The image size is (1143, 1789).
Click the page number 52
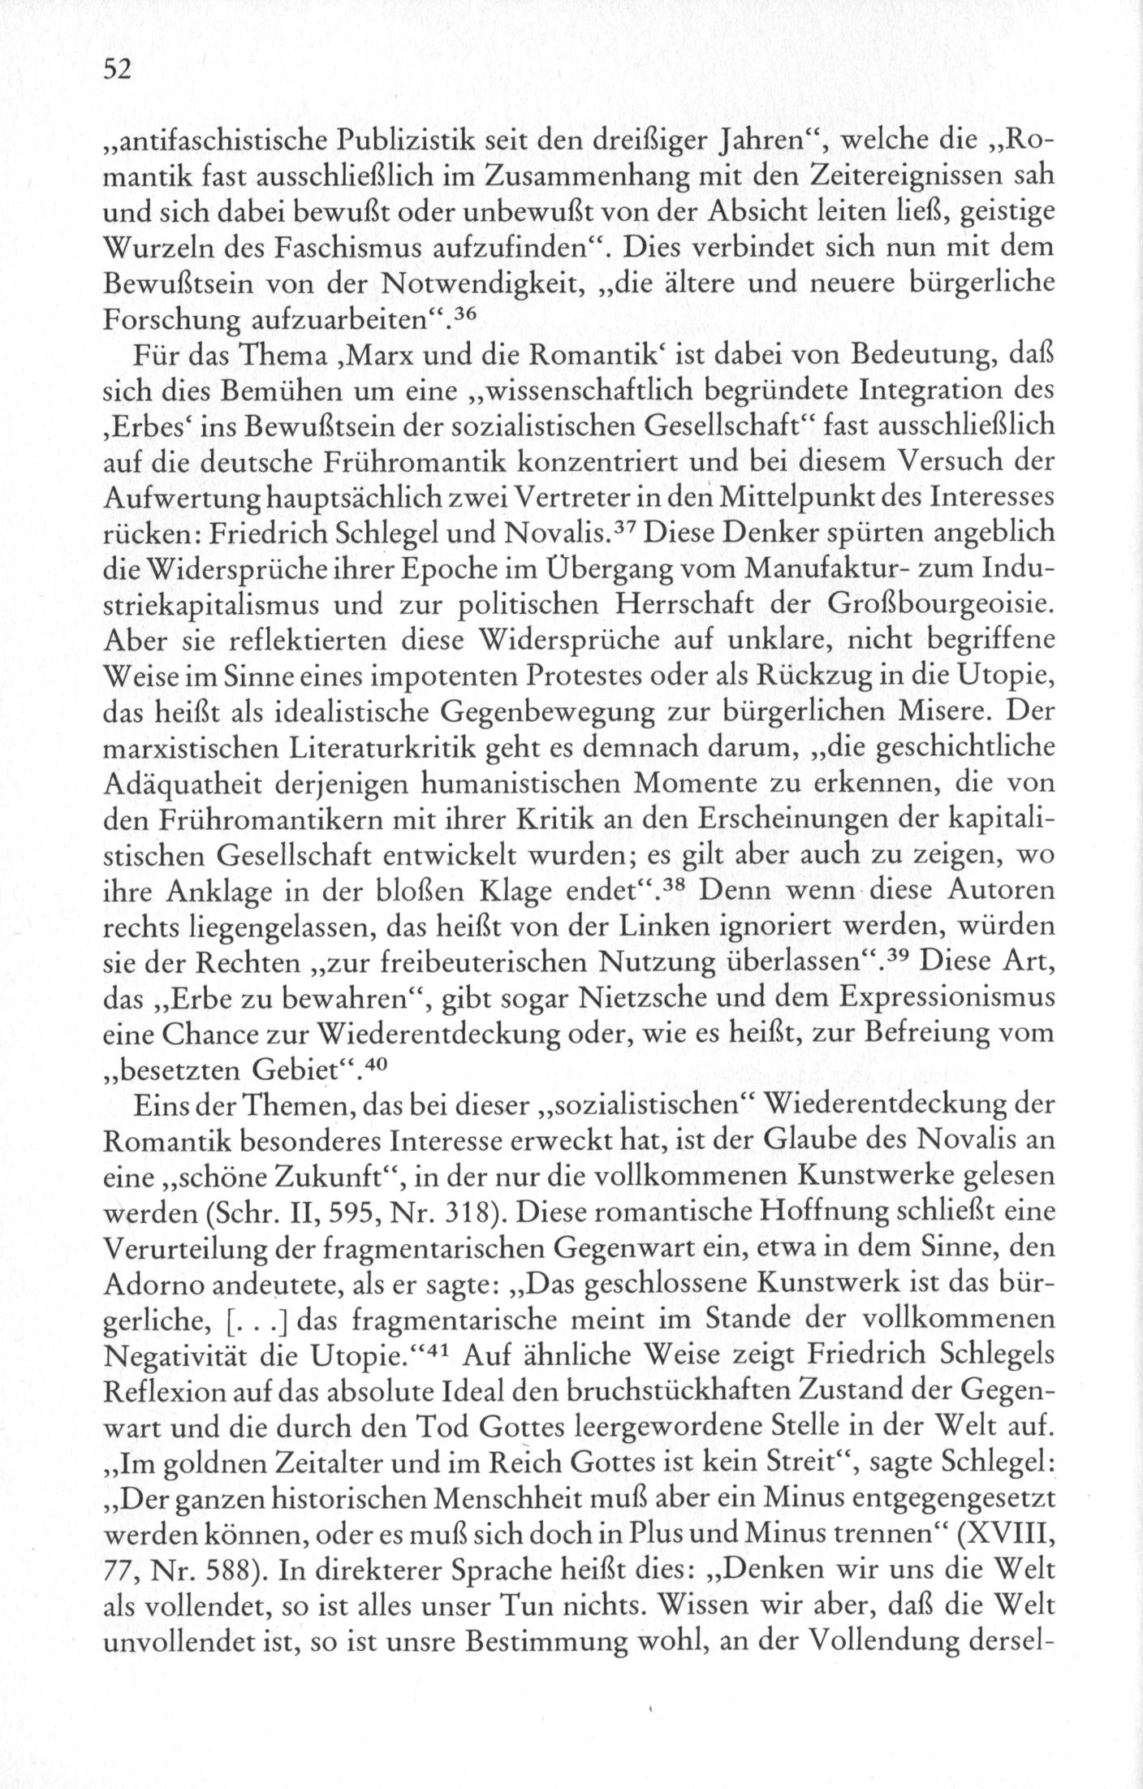pyautogui.click(x=118, y=71)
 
